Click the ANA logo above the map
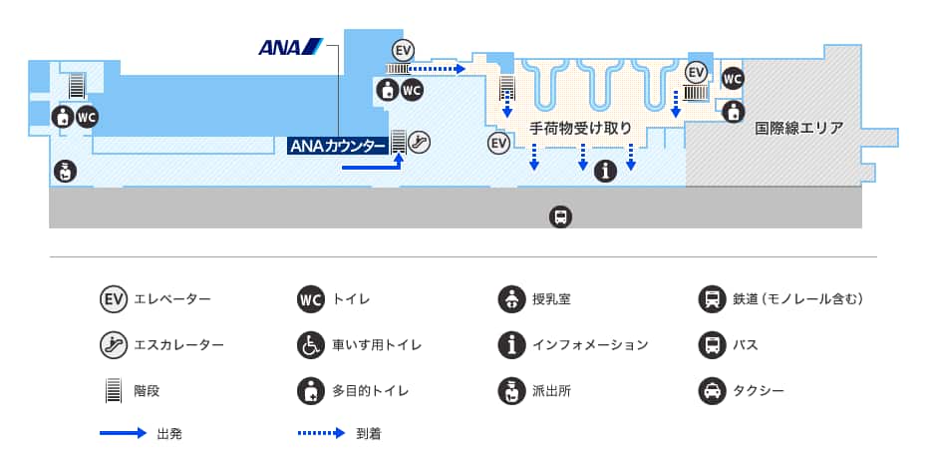click(291, 47)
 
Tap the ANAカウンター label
click(338, 146)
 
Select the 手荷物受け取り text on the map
click(580, 128)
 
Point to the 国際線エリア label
click(799, 128)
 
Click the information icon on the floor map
click(605, 171)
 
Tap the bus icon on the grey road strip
click(560, 217)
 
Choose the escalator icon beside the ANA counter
click(420, 142)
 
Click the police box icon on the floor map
click(65, 172)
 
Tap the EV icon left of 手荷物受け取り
click(499, 143)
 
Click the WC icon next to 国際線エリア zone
click(733, 79)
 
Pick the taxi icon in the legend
click(712, 390)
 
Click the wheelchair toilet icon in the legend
click(311, 345)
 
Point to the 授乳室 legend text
click(551, 299)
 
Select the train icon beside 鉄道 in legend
click(712, 299)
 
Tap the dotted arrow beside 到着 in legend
click(321, 433)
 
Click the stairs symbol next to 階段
click(113, 390)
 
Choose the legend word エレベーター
click(172, 299)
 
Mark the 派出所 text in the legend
click(551, 390)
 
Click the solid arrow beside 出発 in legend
click(123, 433)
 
